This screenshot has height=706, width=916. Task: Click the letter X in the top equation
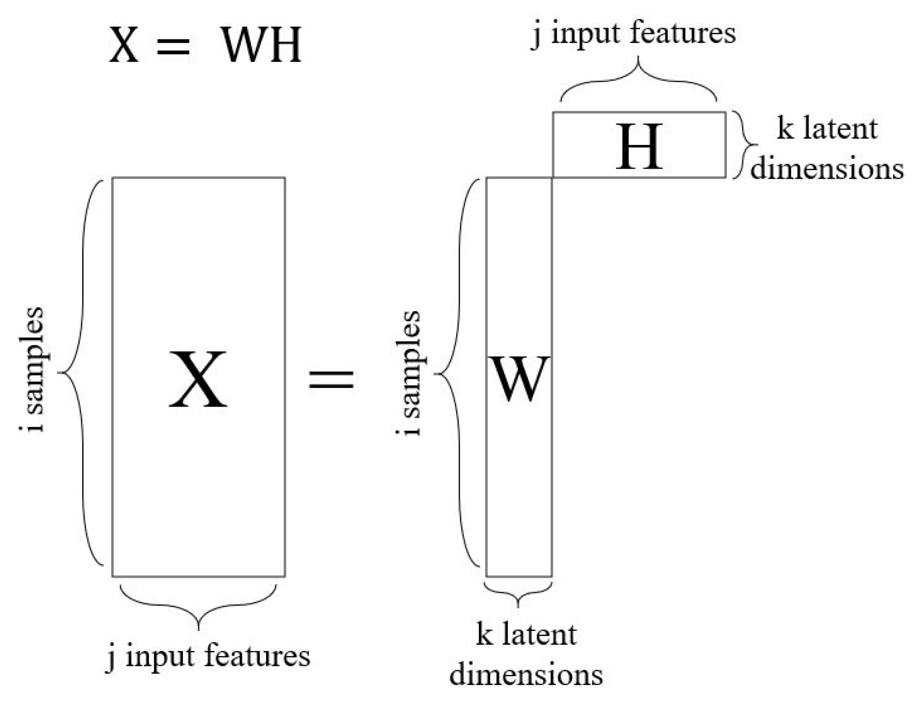click(124, 45)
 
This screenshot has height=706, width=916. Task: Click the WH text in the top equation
click(261, 45)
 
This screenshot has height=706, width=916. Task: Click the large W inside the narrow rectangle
click(520, 379)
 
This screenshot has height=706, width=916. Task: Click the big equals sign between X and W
click(331, 379)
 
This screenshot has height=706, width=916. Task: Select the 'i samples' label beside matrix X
click(32, 370)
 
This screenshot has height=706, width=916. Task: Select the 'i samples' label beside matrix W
click(409, 373)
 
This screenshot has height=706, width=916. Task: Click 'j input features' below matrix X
click(208, 656)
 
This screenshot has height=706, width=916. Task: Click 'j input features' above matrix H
click(633, 33)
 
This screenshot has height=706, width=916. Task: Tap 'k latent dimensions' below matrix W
click(526, 654)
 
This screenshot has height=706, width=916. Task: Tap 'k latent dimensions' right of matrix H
click(827, 148)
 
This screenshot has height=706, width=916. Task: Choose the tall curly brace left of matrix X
click(81, 372)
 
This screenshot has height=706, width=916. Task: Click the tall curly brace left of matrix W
click(456, 373)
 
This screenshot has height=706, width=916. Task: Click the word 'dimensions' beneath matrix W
click(526, 675)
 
